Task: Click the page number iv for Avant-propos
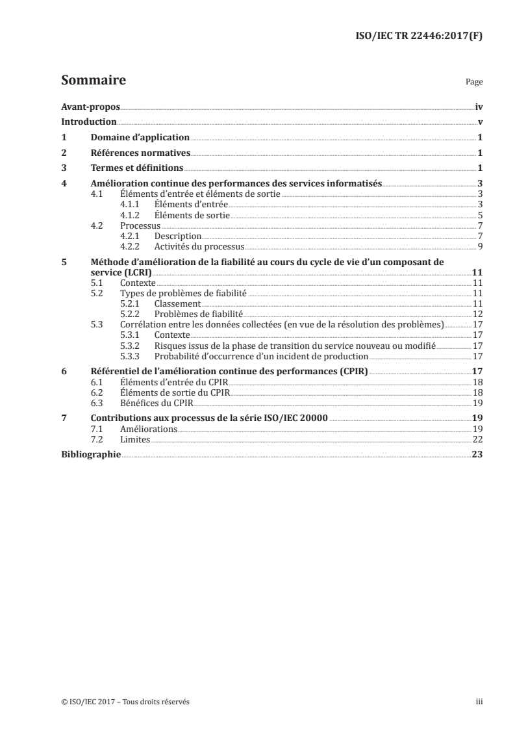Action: (479, 107)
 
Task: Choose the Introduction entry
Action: (88, 122)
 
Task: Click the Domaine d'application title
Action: (140, 138)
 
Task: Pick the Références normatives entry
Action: (140, 153)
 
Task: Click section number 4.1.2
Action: (132, 214)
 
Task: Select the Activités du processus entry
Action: (199, 246)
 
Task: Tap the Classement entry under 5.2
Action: (177, 303)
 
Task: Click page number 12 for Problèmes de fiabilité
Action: (477, 313)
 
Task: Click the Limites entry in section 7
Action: (135, 439)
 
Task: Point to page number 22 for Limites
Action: (477, 439)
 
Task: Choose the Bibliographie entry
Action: (91, 455)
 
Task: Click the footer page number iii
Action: (479, 702)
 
